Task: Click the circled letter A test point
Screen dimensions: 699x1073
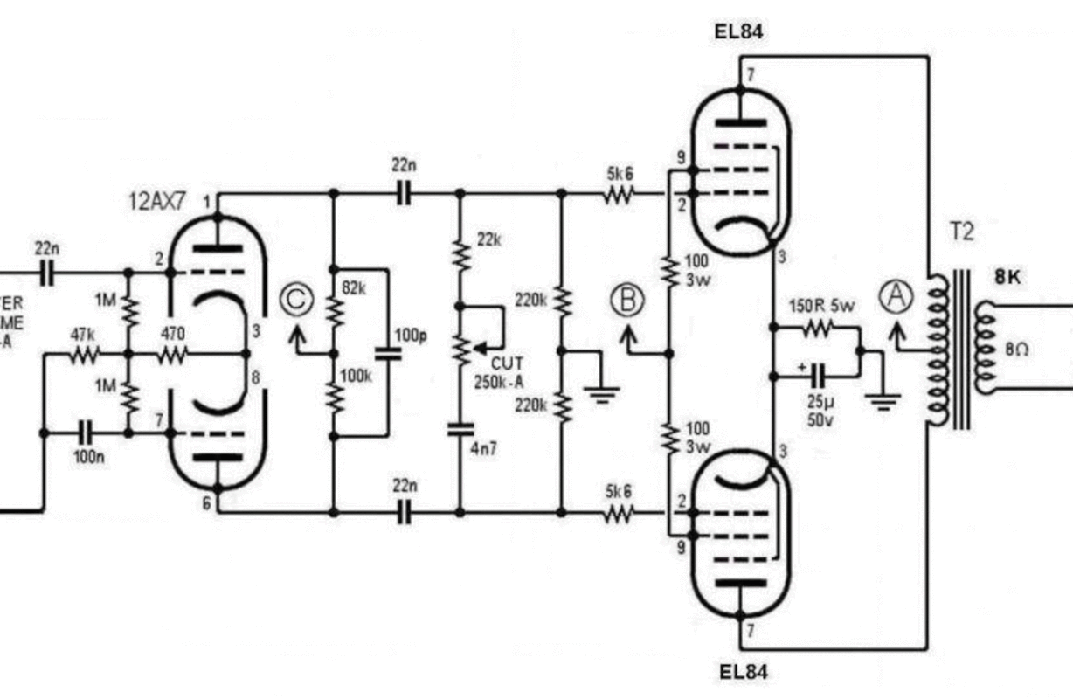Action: pos(895,298)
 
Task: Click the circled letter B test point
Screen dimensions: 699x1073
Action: pos(626,300)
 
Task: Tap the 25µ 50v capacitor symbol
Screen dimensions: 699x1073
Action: pos(818,377)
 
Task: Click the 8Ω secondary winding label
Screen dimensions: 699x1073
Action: pos(1016,349)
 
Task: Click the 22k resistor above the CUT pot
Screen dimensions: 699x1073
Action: pos(460,255)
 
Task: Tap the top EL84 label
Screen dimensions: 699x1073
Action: pos(739,32)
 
